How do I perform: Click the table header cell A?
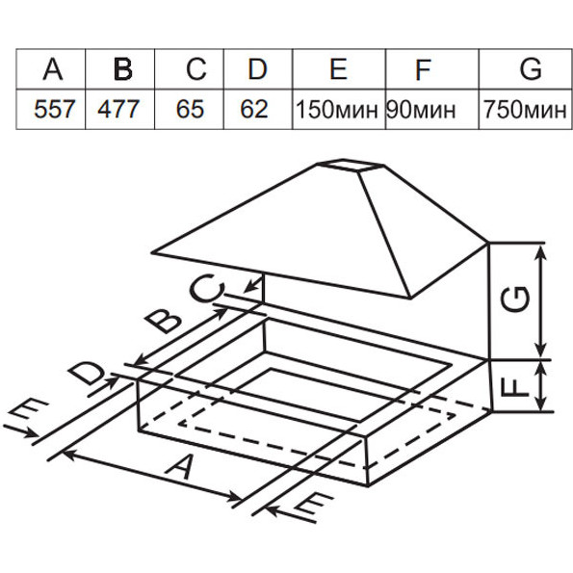tap(53, 69)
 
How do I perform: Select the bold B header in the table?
tap(123, 69)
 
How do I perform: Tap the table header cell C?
tap(195, 69)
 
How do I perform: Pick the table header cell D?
tap(258, 69)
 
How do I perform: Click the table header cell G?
tap(531, 69)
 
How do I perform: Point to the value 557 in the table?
tap(55, 109)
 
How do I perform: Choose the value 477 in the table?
tap(118, 109)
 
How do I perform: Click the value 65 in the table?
tap(190, 109)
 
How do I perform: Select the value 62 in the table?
tap(254, 109)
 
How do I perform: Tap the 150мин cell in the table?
tap(337, 110)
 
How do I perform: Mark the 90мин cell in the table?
tap(421, 110)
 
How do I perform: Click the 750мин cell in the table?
tap(525, 110)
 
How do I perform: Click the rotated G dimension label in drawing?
tap(515, 299)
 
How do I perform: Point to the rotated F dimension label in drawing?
tap(515, 386)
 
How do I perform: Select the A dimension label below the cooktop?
tap(180, 467)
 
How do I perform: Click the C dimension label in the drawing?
tap(207, 288)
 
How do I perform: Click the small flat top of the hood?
tap(351, 165)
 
